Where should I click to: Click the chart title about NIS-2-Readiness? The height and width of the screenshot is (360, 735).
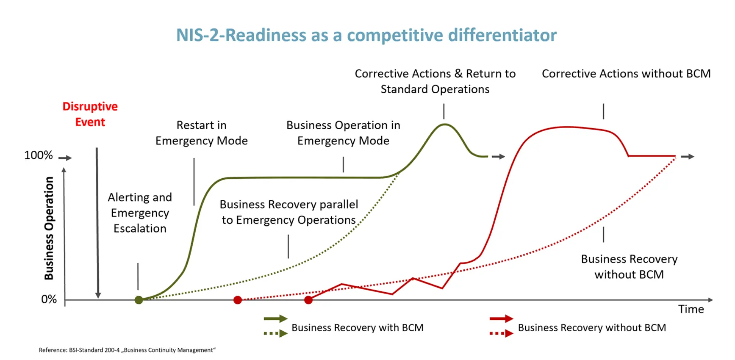click(366, 35)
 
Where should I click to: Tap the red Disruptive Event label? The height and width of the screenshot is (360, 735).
click(90, 114)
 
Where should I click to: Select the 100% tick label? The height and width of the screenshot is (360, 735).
click(38, 155)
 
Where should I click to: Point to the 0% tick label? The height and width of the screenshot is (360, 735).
click(49, 299)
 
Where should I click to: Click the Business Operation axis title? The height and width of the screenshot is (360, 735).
click(49, 228)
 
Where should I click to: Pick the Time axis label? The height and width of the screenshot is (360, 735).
click(691, 309)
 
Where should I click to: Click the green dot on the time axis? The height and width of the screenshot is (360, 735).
click(139, 300)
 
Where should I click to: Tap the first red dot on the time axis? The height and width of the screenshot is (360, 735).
click(237, 300)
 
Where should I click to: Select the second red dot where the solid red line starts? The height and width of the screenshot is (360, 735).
click(308, 300)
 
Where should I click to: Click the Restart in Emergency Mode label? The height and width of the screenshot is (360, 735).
click(201, 133)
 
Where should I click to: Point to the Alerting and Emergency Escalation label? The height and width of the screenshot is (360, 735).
click(140, 213)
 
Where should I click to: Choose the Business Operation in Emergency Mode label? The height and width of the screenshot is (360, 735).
click(343, 133)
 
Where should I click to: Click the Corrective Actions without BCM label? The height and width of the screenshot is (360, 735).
click(626, 73)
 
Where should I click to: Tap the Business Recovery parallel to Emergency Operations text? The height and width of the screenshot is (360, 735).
click(289, 212)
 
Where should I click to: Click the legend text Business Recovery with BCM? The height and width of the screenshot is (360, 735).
click(357, 328)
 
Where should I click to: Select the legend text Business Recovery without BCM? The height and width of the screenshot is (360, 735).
click(592, 328)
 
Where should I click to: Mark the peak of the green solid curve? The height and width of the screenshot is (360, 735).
click(444, 124)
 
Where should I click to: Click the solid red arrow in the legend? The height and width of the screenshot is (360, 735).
click(501, 318)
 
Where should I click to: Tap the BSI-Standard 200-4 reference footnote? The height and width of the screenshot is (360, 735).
click(127, 350)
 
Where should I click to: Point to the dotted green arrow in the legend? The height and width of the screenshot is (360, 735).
click(275, 333)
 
